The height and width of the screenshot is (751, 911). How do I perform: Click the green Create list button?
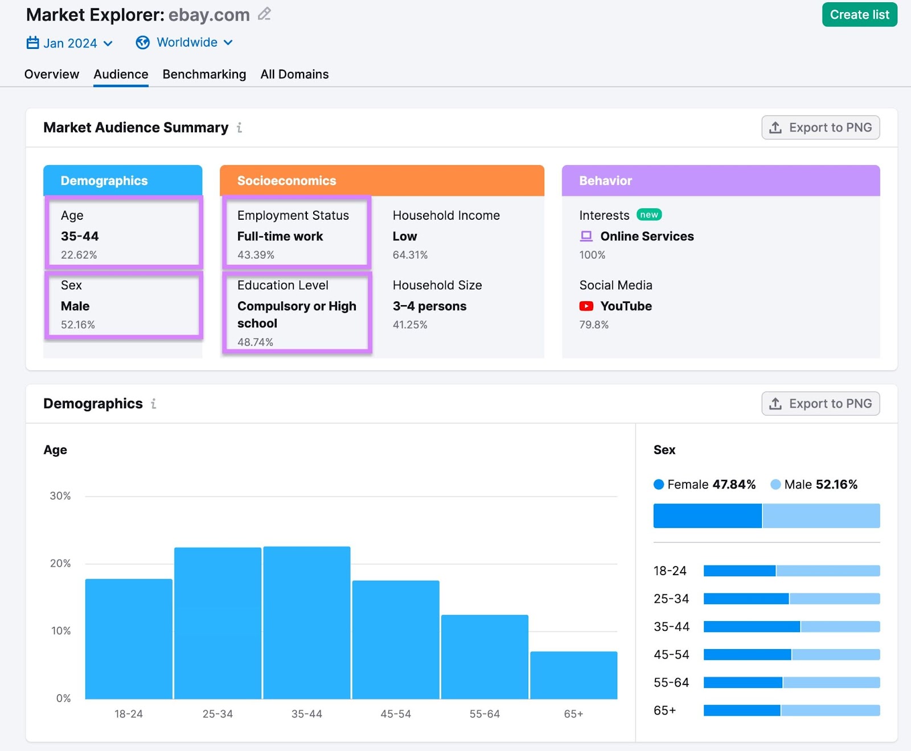pyautogui.click(x=859, y=15)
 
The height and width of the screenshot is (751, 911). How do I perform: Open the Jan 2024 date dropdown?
pyautogui.click(x=69, y=43)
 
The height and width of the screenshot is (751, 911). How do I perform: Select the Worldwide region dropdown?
pyautogui.click(x=184, y=43)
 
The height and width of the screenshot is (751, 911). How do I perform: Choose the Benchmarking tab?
pyautogui.click(x=204, y=75)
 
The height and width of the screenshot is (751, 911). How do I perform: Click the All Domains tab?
pyautogui.click(x=294, y=75)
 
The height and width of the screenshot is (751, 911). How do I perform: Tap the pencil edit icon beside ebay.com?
pyautogui.click(x=264, y=14)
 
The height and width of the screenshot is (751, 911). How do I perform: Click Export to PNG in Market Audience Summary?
pyautogui.click(x=820, y=128)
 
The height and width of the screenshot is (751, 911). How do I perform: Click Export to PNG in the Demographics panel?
pyautogui.click(x=820, y=404)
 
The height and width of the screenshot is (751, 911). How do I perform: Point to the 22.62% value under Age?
pyautogui.click(x=79, y=255)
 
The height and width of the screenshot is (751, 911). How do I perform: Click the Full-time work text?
pyautogui.click(x=280, y=236)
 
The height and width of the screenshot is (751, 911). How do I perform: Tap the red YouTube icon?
pyautogui.click(x=586, y=306)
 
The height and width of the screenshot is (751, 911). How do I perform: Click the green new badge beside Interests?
pyautogui.click(x=649, y=215)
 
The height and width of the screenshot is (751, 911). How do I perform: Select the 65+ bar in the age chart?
pyautogui.click(x=573, y=675)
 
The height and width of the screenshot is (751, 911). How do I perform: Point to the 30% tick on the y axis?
pyautogui.click(x=60, y=496)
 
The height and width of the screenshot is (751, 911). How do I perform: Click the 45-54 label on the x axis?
pyautogui.click(x=396, y=714)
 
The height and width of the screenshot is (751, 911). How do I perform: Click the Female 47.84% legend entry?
pyautogui.click(x=705, y=485)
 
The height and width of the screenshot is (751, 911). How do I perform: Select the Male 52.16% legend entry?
pyautogui.click(x=814, y=485)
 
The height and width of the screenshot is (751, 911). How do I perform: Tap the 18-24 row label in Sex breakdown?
pyautogui.click(x=670, y=571)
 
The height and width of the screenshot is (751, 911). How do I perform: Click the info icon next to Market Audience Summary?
pyautogui.click(x=239, y=128)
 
